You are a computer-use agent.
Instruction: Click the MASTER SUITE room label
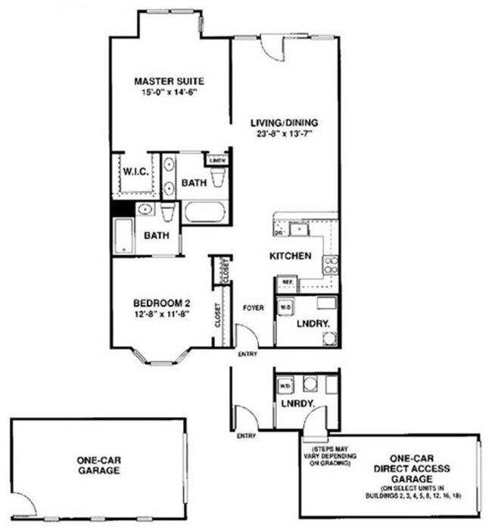click(170, 81)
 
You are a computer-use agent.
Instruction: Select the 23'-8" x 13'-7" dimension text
click(285, 134)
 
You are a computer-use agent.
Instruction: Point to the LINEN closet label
click(216, 160)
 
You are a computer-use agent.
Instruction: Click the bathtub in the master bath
click(204, 211)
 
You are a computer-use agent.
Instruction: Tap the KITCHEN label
click(291, 257)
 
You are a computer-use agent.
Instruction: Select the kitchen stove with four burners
click(331, 264)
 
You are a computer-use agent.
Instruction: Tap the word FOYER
click(253, 308)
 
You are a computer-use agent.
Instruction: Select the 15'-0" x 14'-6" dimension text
click(170, 92)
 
